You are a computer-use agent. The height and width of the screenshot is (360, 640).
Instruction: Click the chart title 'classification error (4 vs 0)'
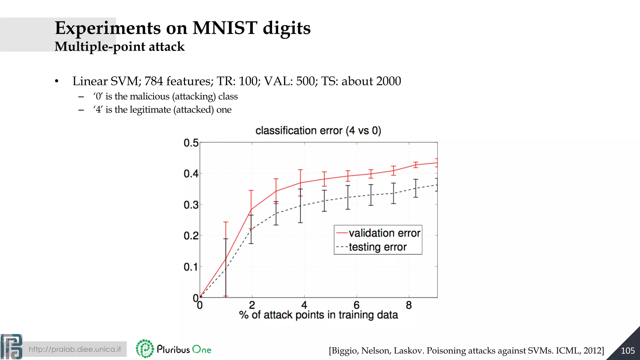[318, 131]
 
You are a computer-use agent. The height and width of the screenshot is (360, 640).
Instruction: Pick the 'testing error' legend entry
[377, 247]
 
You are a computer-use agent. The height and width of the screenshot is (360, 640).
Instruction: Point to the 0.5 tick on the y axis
[191, 143]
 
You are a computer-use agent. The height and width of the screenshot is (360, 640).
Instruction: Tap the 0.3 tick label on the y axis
[191, 205]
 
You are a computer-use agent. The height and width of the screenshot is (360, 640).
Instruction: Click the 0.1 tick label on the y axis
[191, 267]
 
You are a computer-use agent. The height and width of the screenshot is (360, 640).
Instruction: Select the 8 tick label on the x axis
[409, 305]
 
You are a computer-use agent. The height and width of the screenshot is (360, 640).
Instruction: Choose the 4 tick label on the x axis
[304, 305]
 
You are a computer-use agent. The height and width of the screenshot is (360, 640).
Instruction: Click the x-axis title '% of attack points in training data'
[318, 315]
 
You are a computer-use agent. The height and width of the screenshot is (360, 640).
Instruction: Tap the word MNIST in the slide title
[225, 28]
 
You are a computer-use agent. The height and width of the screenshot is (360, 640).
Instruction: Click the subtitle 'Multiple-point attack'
[119, 47]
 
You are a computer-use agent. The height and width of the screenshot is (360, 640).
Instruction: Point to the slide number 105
[627, 351]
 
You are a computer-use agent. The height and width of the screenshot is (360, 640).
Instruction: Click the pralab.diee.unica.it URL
[75, 349]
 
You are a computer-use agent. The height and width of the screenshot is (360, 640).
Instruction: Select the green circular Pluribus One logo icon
[145, 348]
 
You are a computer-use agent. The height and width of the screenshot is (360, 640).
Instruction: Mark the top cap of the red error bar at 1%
[226, 222]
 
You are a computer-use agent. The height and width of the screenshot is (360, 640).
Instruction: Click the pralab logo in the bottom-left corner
[11, 347]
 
